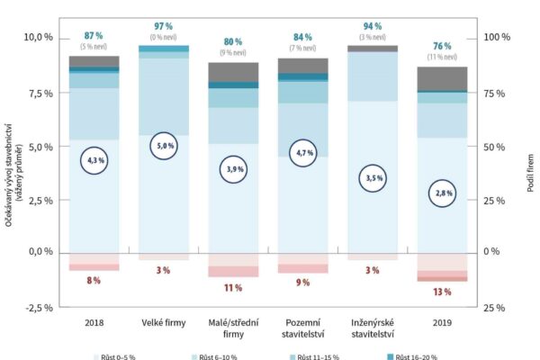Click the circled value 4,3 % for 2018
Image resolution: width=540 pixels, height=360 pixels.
coord(94,159)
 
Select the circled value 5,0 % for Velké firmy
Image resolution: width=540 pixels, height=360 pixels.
coord(164,145)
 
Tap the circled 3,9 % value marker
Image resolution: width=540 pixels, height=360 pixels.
coord(233,168)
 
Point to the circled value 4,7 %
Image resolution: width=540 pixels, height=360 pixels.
coord(301,154)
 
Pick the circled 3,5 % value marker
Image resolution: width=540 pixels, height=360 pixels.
coord(371,178)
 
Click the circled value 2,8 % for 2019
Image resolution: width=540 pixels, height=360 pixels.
coord(440,193)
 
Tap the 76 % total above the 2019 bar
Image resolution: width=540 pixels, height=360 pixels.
coord(440,48)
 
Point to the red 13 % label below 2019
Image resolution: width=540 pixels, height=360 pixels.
coord(440,292)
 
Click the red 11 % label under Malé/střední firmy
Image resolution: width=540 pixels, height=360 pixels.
coord(233,288)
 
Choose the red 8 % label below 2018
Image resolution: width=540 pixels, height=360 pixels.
coord(94,281)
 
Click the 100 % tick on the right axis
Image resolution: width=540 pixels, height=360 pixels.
coord(497,38)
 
